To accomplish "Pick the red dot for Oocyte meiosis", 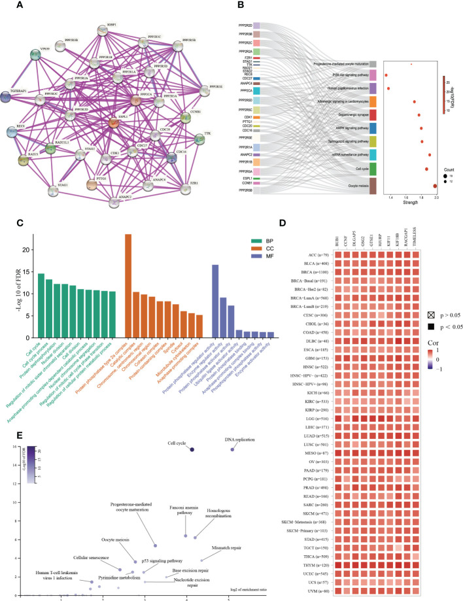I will tap(436, 186).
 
